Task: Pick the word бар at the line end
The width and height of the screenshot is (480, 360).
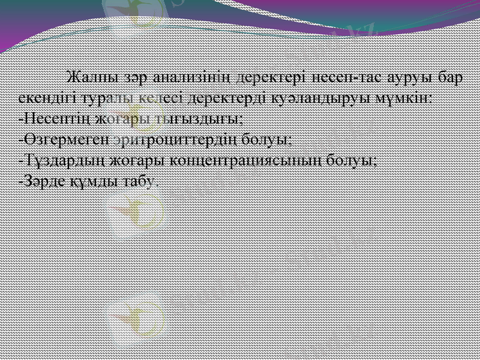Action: coord(450,78)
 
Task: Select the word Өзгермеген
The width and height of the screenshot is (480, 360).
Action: coord(67,140)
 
